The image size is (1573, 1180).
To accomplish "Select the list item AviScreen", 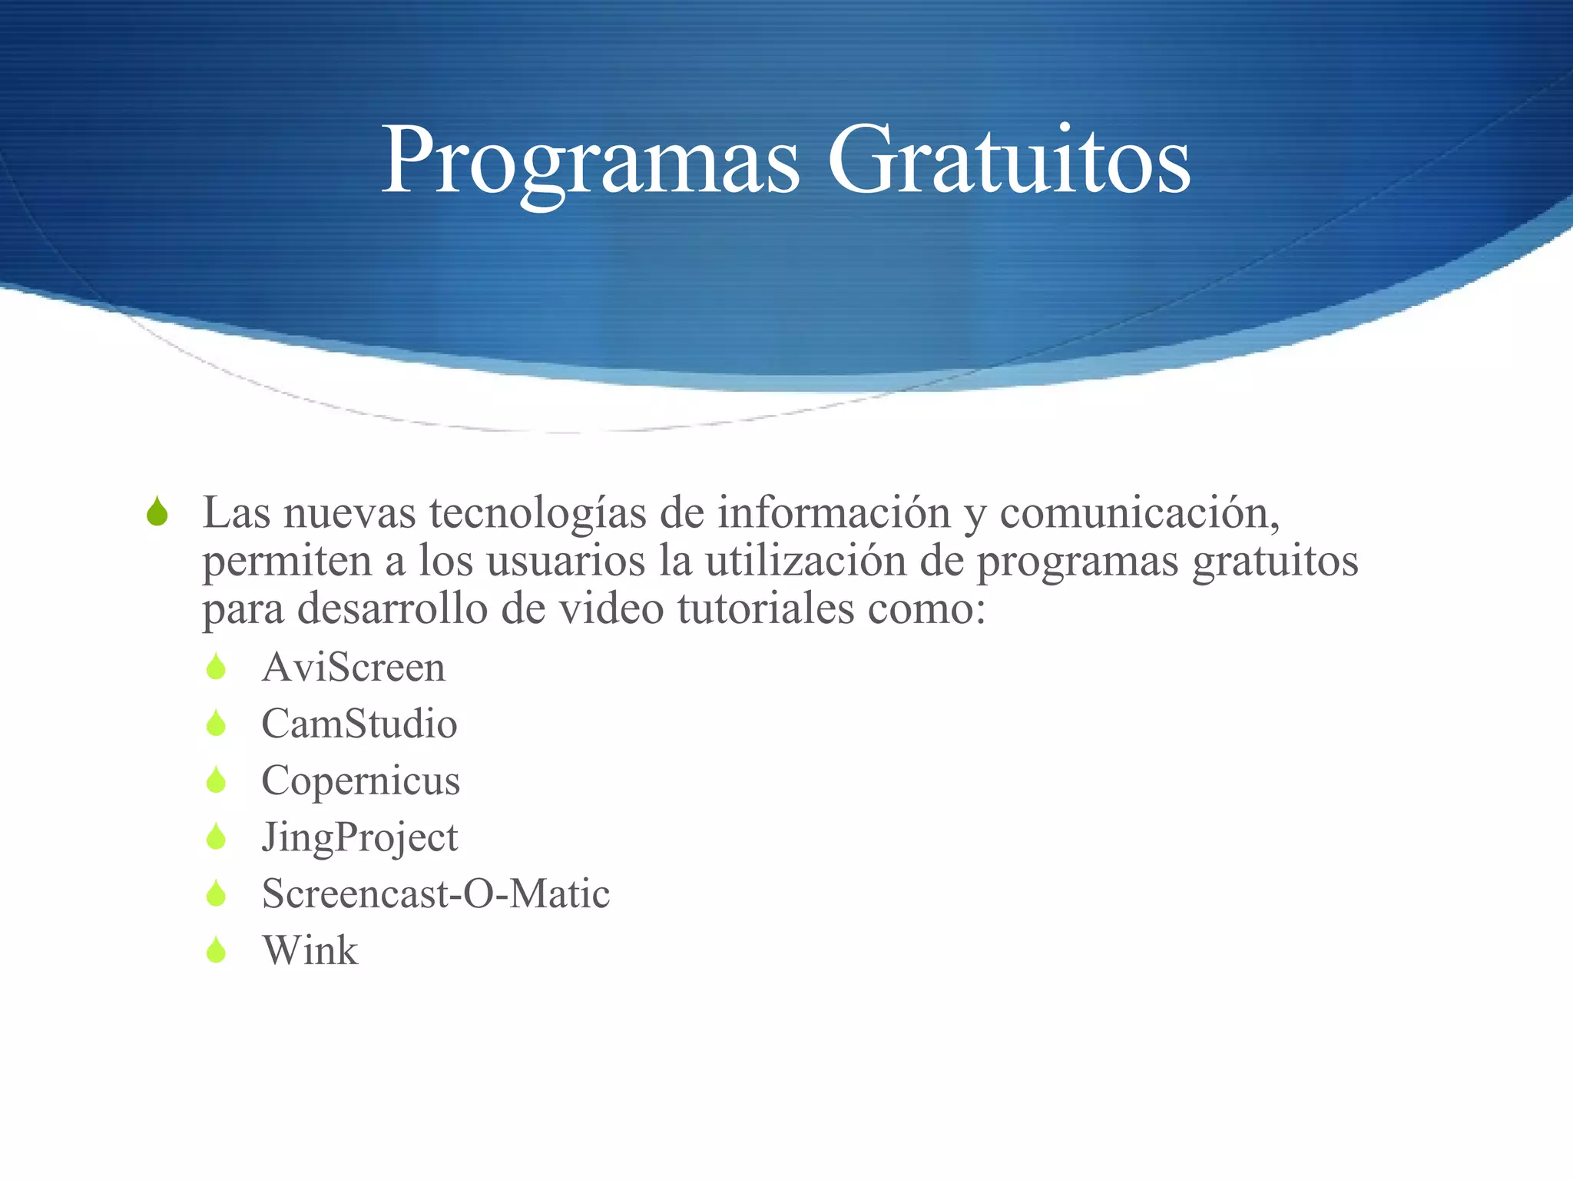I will [x=353, y=667].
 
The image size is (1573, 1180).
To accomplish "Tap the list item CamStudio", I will [x=359, y=724].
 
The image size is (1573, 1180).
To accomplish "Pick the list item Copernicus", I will [x=361, y=781].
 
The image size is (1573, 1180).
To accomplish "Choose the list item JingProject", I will [x=359, y=837].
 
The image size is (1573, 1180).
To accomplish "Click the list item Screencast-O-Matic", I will [x=435, y=893].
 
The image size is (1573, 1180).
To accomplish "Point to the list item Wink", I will [x=310, y=950].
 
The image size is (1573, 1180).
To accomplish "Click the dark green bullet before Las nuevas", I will [x=157, y=512].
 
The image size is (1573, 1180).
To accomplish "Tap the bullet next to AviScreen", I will [x=217, y=667].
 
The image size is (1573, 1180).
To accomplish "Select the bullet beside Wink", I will [x=217, y=950].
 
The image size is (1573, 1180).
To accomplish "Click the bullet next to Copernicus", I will [x=217, y=781].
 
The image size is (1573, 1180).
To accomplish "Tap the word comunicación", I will [x=1139, y=513].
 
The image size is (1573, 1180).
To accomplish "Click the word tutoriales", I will [x=766, y=608].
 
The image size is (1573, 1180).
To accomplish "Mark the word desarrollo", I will [x=392, y=608].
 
